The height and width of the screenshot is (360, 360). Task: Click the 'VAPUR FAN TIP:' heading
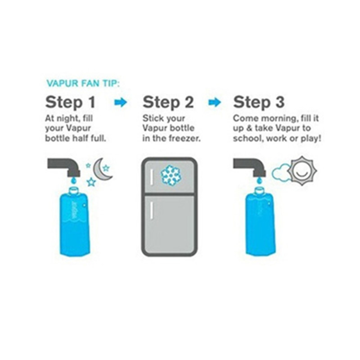(83, 83)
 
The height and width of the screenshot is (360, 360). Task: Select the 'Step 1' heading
(70, 103)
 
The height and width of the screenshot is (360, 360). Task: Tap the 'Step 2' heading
(168, 103)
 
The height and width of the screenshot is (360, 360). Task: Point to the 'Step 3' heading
(259, 103)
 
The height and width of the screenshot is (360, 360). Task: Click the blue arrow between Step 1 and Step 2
(121, 103)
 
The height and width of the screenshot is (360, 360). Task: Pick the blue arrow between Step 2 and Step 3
(215, 103)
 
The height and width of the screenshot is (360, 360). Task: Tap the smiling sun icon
(302, 171)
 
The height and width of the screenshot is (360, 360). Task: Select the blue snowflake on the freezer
(171, 175)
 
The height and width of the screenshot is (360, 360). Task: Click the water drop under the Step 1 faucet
(73, 181)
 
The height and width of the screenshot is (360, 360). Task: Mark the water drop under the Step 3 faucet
(259, 181)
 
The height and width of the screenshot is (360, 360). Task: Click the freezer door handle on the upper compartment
(152, 177)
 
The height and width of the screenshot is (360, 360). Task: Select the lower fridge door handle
(152, 210)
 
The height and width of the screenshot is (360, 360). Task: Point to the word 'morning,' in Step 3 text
(278, 119)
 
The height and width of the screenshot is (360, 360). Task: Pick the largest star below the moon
(91, 182)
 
